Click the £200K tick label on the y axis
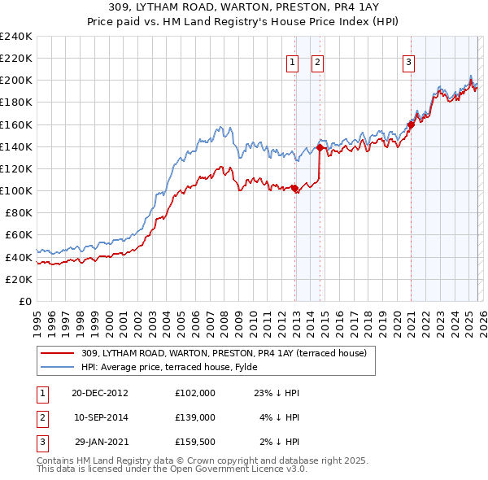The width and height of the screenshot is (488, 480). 16,80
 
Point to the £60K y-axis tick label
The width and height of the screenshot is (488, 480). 19,234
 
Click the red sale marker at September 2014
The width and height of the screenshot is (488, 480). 320,148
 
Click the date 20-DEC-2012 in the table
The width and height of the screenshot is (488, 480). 100,392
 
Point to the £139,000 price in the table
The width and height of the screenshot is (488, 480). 195,417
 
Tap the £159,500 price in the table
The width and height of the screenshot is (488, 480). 195,441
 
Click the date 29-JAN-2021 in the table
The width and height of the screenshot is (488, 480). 100,441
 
